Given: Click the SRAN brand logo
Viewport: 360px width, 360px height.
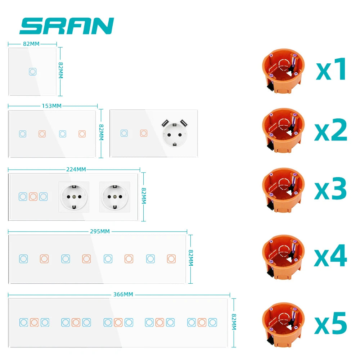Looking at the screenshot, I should tap(67, 26).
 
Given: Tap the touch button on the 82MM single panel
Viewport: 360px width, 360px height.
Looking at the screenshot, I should tap(32, 71).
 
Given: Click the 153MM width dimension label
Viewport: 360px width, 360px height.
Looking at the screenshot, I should tap(51, 106).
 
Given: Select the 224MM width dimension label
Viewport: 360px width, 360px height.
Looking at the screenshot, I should tap(76, 169).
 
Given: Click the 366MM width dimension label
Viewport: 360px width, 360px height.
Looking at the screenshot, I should tap(123, 294).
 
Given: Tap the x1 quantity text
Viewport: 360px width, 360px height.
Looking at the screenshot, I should tap(331, 69).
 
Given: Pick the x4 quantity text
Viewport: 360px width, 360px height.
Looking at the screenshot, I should tap(330, 256).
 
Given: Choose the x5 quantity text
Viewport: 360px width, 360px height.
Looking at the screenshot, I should tap(330, 321).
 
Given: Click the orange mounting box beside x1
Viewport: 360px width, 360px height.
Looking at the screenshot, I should tap(283, 72).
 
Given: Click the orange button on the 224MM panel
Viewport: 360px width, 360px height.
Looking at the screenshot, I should tap(33, 197).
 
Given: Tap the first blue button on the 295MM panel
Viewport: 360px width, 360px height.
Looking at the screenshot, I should tap(23, 258).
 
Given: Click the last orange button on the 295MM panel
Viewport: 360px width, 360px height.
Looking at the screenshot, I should tap(171, 258).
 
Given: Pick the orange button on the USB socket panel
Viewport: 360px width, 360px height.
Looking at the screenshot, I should tap(144, 133).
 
